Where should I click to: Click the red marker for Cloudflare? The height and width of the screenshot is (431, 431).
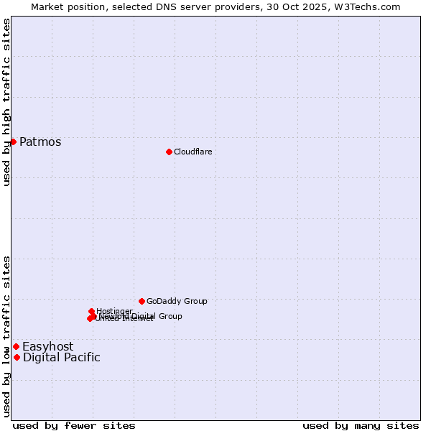[x=169, y=152]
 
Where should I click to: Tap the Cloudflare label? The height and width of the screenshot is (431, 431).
[x=193, y=152]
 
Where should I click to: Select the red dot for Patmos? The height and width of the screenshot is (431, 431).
[x=13, y=142]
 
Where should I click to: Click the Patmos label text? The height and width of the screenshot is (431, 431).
[x=40, y=142]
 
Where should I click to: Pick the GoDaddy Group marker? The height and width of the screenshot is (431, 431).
[x=142, y=301]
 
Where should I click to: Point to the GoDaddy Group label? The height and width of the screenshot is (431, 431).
[x=177, y=301]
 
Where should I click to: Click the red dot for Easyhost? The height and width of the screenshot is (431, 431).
[x=16, y=346]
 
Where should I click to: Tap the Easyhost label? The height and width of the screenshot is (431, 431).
[x=47, y=346]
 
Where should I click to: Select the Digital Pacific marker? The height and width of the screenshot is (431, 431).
[x=17, y=357]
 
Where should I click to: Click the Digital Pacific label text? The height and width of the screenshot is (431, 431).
[x=62, y=357]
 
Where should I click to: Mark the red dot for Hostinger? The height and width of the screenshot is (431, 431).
[x=92, y=311]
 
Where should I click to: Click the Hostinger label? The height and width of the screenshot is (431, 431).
[x=115, y=310]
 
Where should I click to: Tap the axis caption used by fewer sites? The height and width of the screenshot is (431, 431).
[x=74, y=425]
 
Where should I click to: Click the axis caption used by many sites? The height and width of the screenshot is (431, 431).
[x=361, y=425]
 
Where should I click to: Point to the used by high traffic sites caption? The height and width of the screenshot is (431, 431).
[x=6, y=102]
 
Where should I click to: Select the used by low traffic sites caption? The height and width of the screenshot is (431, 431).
[x=6, y=336]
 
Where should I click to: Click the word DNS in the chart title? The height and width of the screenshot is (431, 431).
[x=167, y=6]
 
